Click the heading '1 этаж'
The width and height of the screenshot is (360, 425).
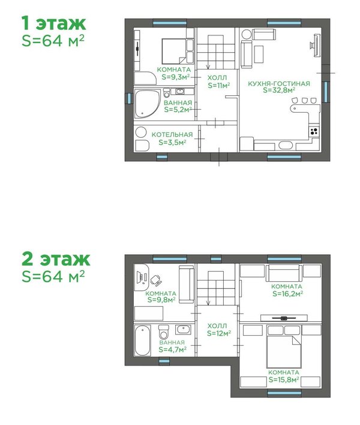(x=54, y=23)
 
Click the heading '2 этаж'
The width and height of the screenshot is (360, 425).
(x=56, y=259)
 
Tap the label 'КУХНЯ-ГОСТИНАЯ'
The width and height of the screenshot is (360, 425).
(x=279, y=83)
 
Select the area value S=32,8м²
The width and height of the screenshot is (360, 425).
(x=279, y=91)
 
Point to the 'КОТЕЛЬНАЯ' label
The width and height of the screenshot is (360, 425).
(x=172, y=134)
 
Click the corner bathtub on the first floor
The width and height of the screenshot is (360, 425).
(x=147, y=104)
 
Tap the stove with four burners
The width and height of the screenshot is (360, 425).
(x=314, y=131)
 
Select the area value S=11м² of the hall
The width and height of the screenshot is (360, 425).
(x=219, y=85)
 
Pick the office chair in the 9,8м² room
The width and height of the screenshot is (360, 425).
(x=155, y=280)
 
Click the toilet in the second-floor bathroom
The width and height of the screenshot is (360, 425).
(x=164, y=332)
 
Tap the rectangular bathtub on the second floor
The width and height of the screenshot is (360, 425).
(x=142, y=340)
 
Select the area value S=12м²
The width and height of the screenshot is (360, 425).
(x=219, y=333)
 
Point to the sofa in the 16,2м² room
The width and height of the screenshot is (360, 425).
(x=284, y=273)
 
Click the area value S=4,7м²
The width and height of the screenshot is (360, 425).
(x=173, y=349)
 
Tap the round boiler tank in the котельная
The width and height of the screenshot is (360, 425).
(x=141, y=132)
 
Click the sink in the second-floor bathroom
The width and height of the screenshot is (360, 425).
(x=183, y=330)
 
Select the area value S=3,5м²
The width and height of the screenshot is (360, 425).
(x=172, y=142)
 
